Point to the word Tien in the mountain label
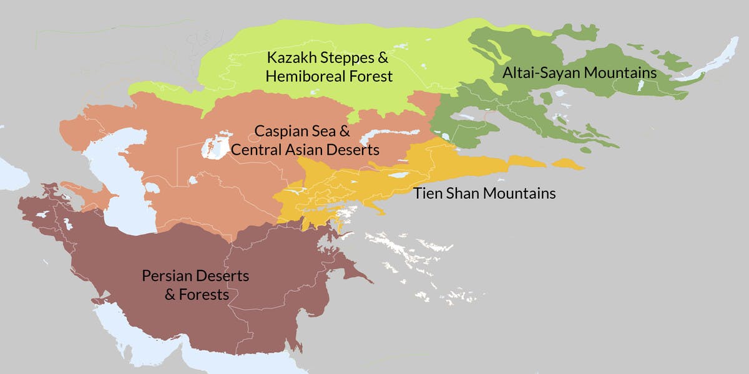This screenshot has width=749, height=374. point(427,193)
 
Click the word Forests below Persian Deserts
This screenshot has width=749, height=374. point(205,294)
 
